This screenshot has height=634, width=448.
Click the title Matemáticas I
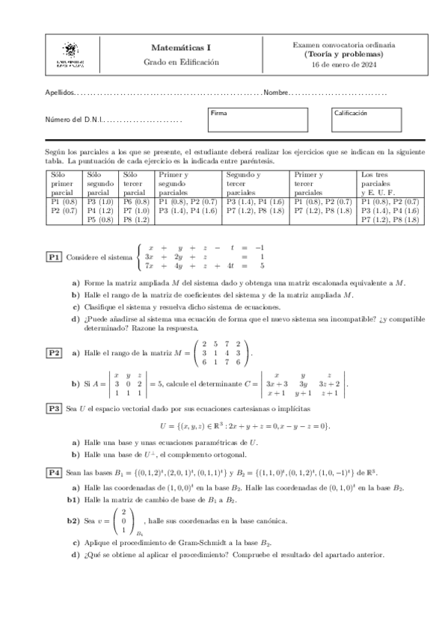tap(181, 47)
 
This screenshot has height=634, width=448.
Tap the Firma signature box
tap(257, 118)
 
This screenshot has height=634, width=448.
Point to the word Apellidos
tap(60, 93)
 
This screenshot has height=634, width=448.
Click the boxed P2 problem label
tap(54, 352)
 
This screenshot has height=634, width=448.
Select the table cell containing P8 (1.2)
tap(136, 220)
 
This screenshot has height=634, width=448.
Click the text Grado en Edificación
tap(181, 62)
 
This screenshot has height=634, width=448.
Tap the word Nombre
tap(275, 93)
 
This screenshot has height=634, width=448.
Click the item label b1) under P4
tap(73, 498)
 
